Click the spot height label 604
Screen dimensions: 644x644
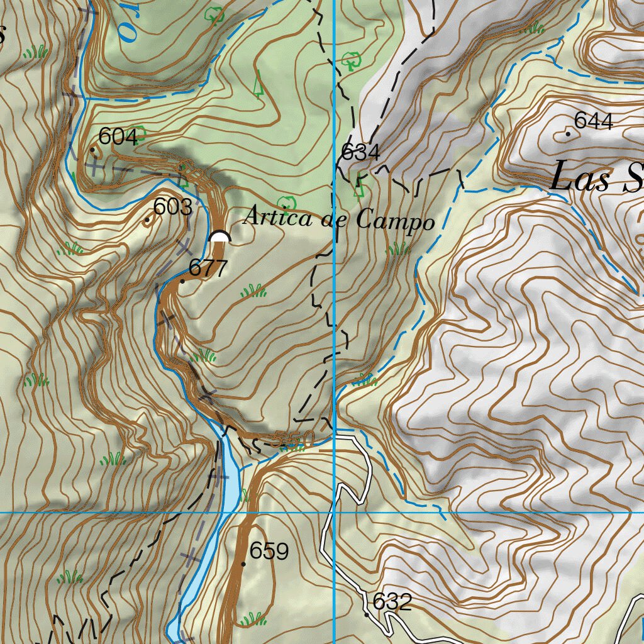(118, 136)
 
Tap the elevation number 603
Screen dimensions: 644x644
(172, 207)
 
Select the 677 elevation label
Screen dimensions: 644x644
(208, 269)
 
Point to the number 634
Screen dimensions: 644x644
(360, 152)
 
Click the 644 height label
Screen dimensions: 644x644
(594, 121)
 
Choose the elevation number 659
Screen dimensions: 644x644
(269, 552)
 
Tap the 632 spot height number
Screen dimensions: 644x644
(392, 602)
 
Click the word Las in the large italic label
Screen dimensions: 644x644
(580, 179)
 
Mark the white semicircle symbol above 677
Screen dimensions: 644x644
(219, 237)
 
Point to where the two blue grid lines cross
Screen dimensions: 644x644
(334, 513)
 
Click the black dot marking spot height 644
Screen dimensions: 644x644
(569, 133)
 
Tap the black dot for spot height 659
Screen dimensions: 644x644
(243, 564)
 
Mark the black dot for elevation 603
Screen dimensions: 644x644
(147, 219)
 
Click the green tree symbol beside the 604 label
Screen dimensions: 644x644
(141, 133)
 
